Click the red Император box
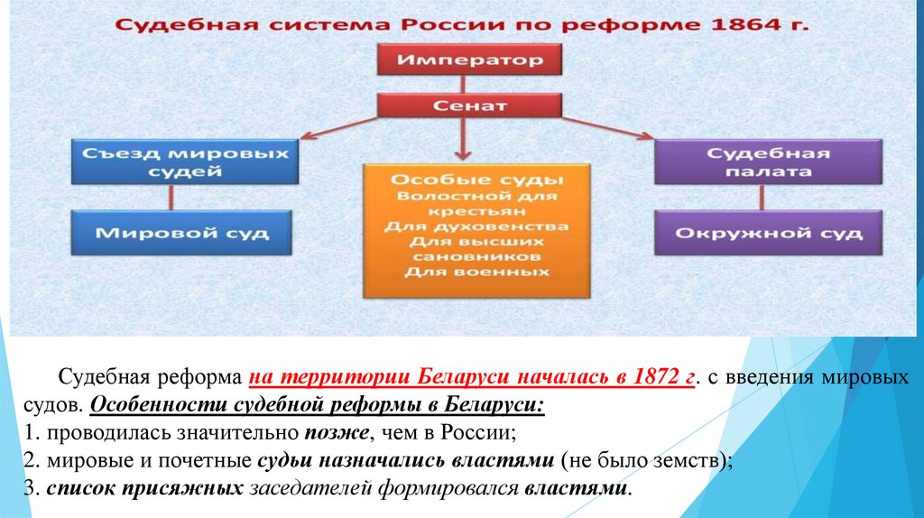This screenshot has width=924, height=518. (x=469, y=61)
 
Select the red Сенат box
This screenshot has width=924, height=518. (x=469, y=106)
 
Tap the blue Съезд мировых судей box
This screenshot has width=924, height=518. (x=184, y=163)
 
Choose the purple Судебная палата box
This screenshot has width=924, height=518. (x=754, y=163)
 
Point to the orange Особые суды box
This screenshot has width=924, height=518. (x=477, y=230)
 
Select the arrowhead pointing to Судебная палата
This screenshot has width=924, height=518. (x=646, y=137)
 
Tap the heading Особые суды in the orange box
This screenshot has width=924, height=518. (x=477, y=178)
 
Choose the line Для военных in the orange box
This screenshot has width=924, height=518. (x=477, y=273)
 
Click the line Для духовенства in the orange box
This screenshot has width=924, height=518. (x=477, y=226)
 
